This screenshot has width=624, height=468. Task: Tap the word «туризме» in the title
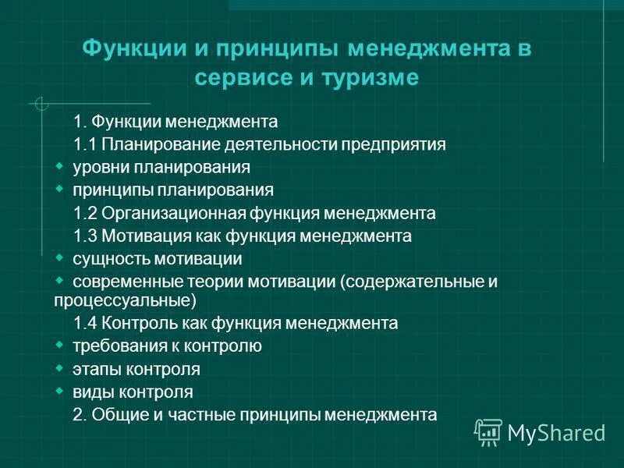point(373,79)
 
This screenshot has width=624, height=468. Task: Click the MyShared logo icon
point(488,431)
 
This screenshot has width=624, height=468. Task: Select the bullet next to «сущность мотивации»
point(60,257)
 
